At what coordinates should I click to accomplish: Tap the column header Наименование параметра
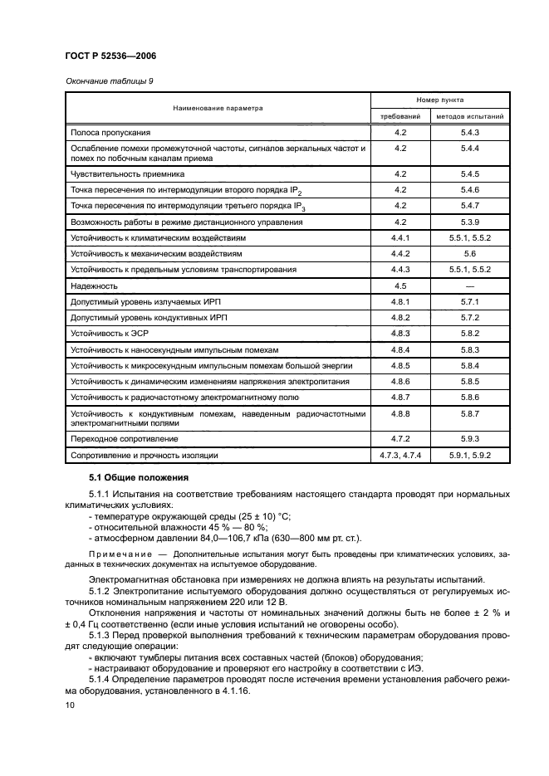point(218,108)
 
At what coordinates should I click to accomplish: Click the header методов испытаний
point(470,116)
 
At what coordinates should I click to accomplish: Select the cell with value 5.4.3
point(470,132)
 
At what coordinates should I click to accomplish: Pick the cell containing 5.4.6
point(470,190)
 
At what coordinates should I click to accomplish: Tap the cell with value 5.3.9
point(470,222)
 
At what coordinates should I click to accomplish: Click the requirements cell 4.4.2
point(400,253)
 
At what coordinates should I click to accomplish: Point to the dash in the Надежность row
point(470,285)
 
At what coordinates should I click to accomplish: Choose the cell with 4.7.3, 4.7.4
point(400,456)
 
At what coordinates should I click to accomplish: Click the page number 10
point(69,704)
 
